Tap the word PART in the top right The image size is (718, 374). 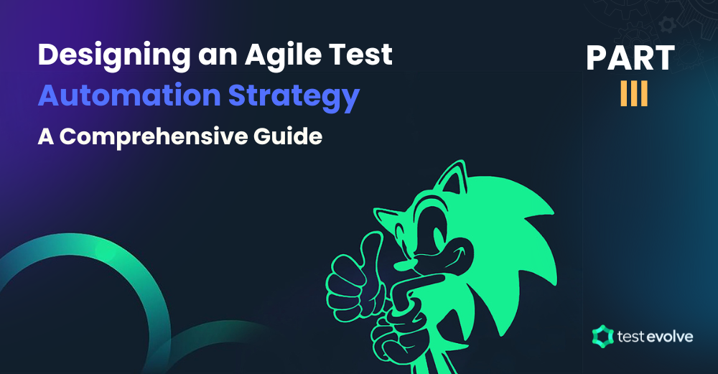[630, 59]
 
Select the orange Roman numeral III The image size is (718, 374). [634, 96]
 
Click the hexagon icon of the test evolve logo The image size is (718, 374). [601, 335]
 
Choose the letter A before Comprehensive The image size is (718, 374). [46, 136]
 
